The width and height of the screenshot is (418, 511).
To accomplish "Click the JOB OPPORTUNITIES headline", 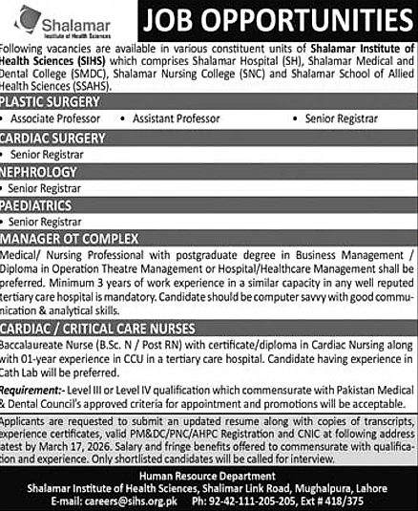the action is click(x=276, y=20).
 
